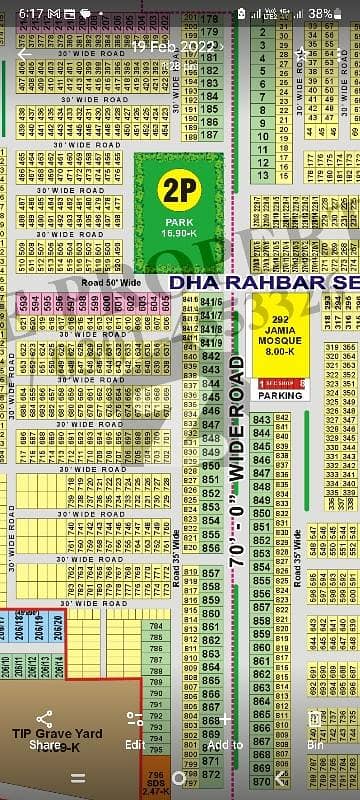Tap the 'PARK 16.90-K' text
[181, 228]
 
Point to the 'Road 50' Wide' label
[107, 283]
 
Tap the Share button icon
[45, 719]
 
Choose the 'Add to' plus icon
[224, 719]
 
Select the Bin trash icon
[316, 719]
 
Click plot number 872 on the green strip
[210, 760]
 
